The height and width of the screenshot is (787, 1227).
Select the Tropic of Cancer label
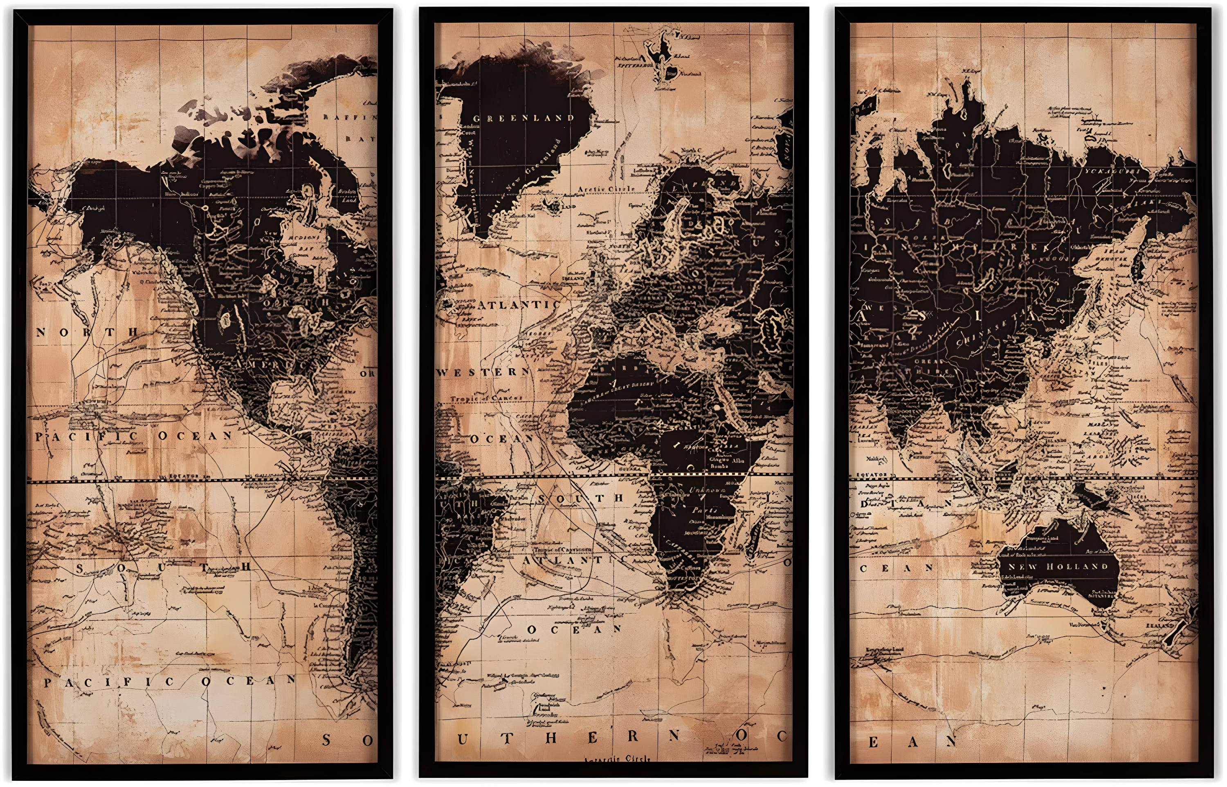coord(486,398)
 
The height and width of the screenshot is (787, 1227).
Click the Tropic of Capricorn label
coord(562,550)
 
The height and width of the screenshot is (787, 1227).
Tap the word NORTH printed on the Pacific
coord(87,332)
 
